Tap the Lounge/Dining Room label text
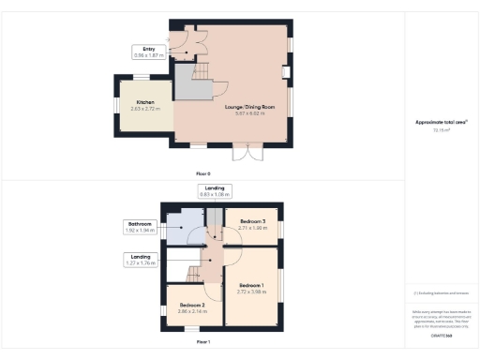(249, 108)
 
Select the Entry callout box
(148, 52)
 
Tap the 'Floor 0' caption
(202, 174)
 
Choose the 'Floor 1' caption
(202, 342)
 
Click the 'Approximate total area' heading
(440, 122)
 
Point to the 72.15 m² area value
(440, 131)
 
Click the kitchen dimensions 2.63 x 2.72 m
(145, 109)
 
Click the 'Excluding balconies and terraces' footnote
(440, 293)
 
